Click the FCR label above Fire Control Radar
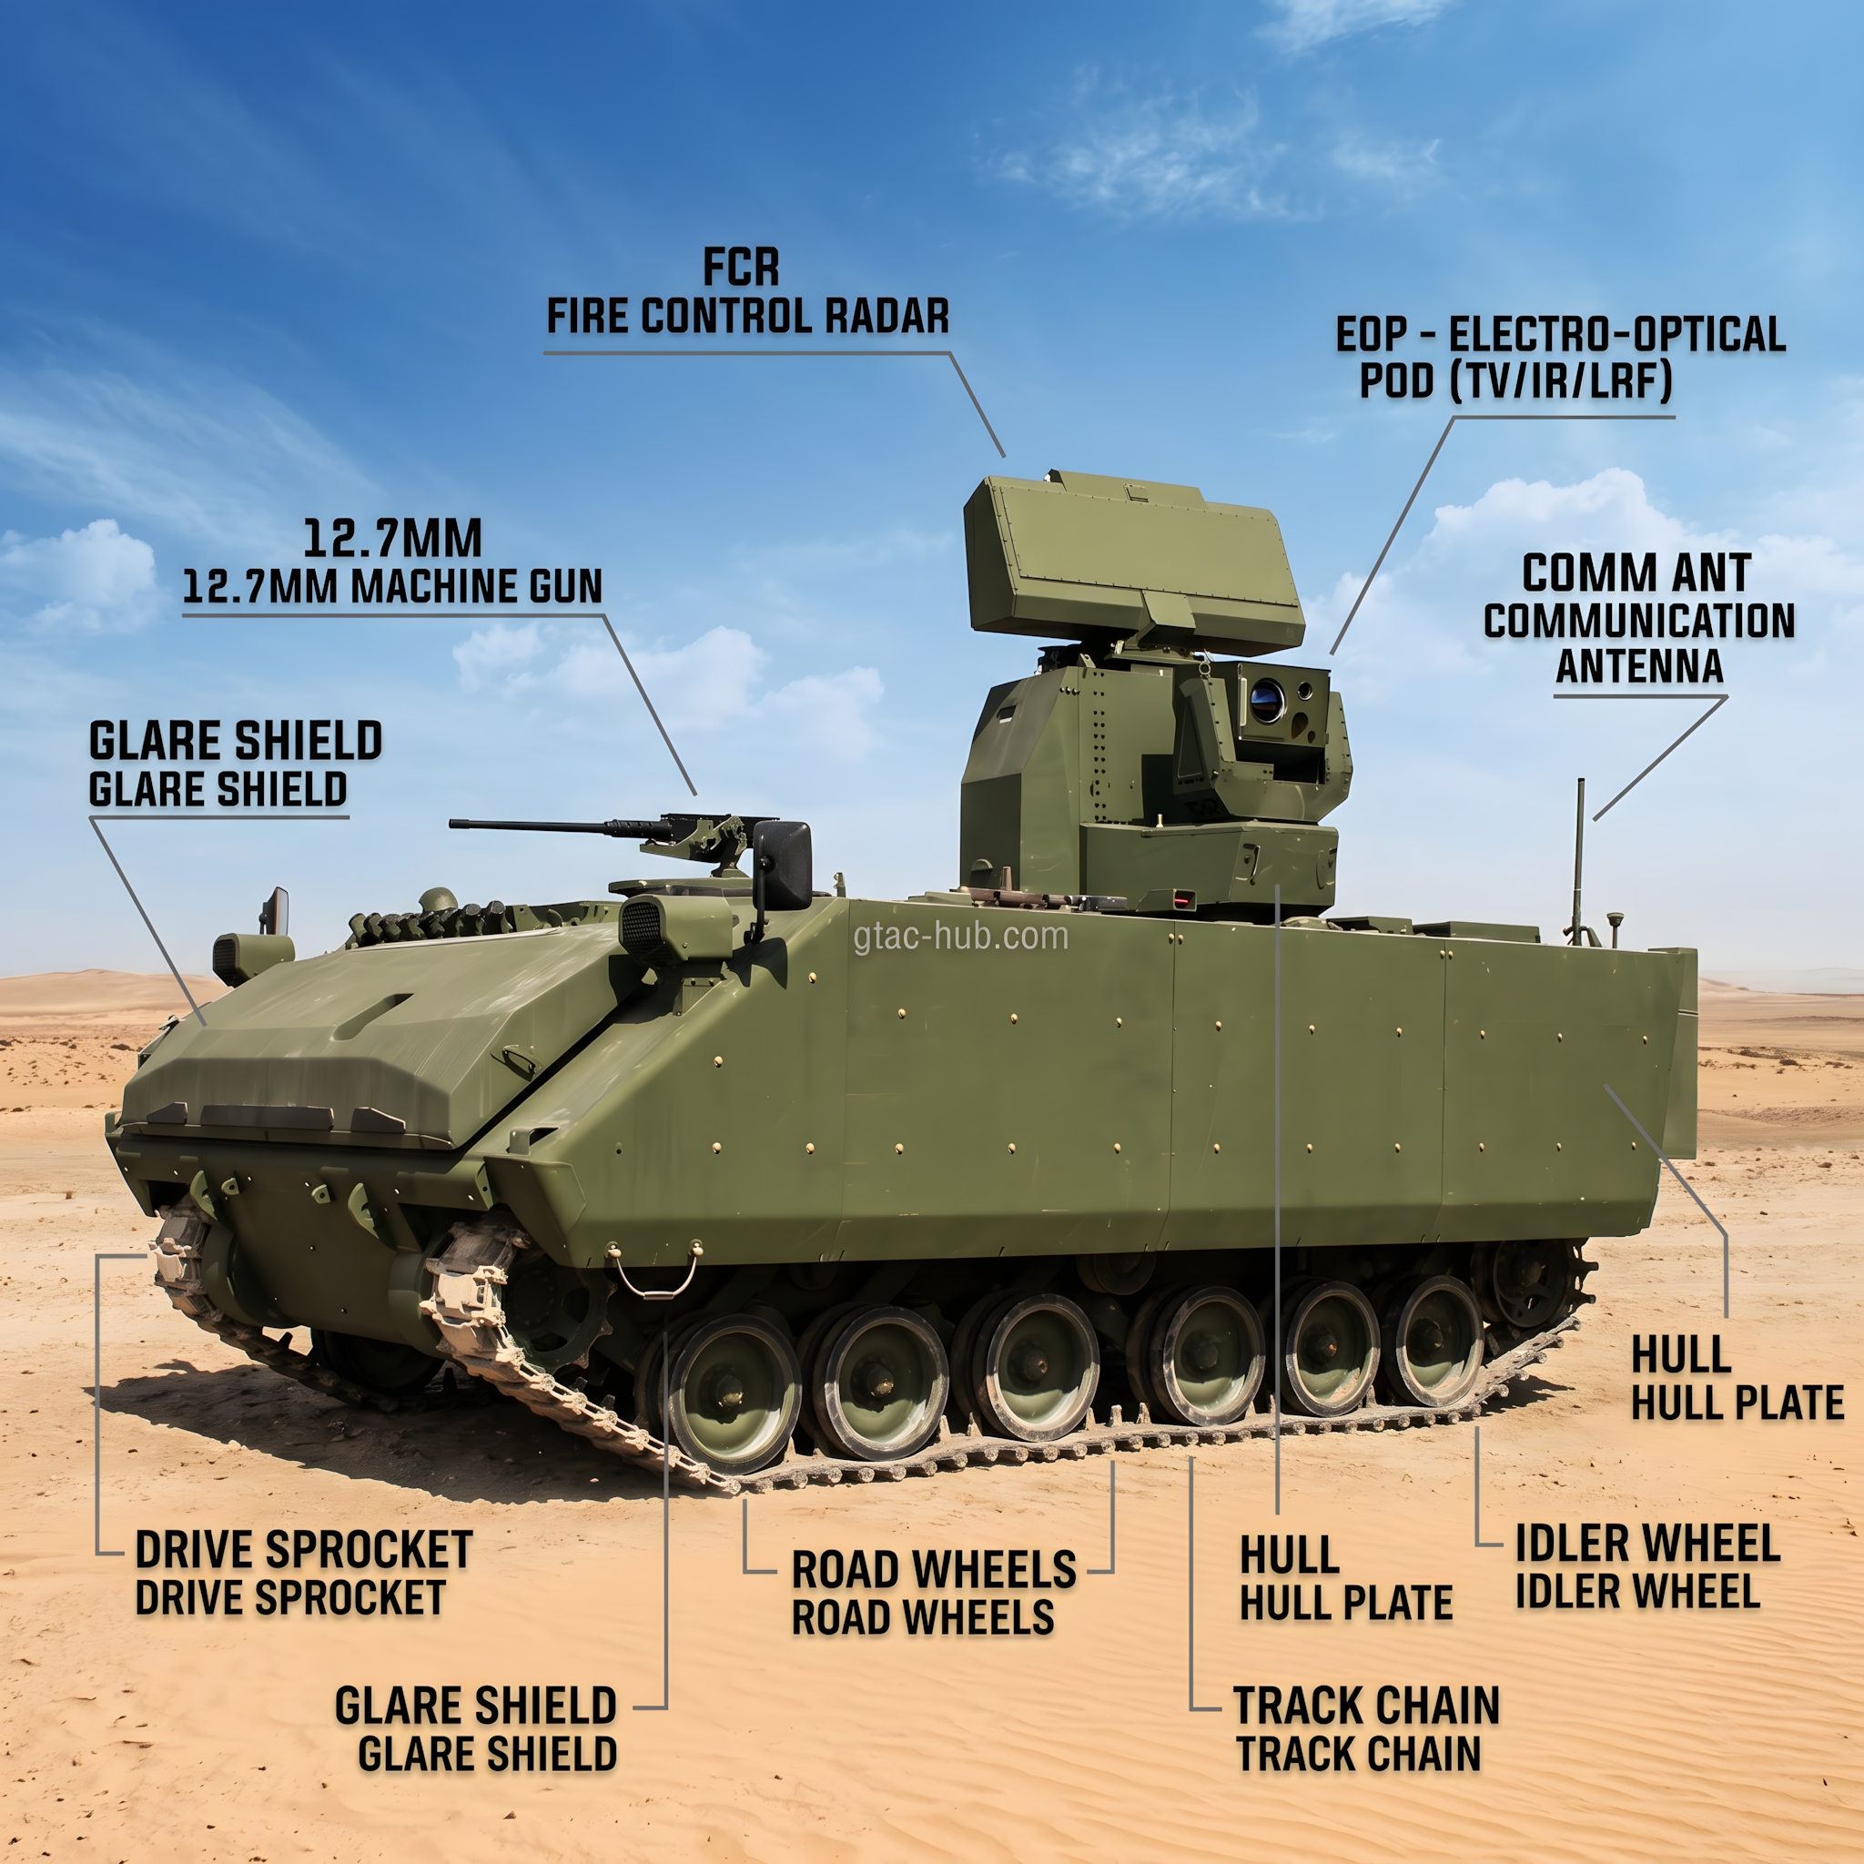740,268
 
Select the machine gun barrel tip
451,823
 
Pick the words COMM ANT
1636,573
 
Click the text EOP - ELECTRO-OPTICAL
1560,335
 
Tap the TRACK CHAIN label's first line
1366,1705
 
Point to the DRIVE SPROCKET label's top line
304,1549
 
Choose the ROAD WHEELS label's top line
934,1570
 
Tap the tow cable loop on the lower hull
654,1274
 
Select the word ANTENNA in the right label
1639,666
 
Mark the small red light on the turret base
1183,900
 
